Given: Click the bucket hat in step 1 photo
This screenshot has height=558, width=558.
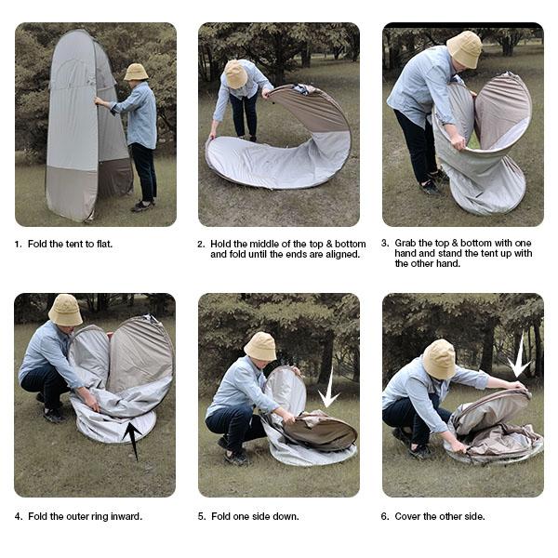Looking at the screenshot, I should click(136, 72).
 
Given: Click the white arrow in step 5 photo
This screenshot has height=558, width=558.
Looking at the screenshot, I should click(328, 388).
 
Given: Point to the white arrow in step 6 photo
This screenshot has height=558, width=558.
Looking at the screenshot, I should click(518, 358).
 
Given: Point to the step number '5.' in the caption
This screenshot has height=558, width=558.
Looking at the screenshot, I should click(202, 516).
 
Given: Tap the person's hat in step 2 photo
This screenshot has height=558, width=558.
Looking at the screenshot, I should click(236, 73).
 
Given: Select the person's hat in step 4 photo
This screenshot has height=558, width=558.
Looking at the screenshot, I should click(65, 310).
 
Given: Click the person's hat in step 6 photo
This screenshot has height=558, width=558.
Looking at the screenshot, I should click(439, 358).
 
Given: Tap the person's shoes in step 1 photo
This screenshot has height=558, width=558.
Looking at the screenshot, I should click(141, 206).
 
